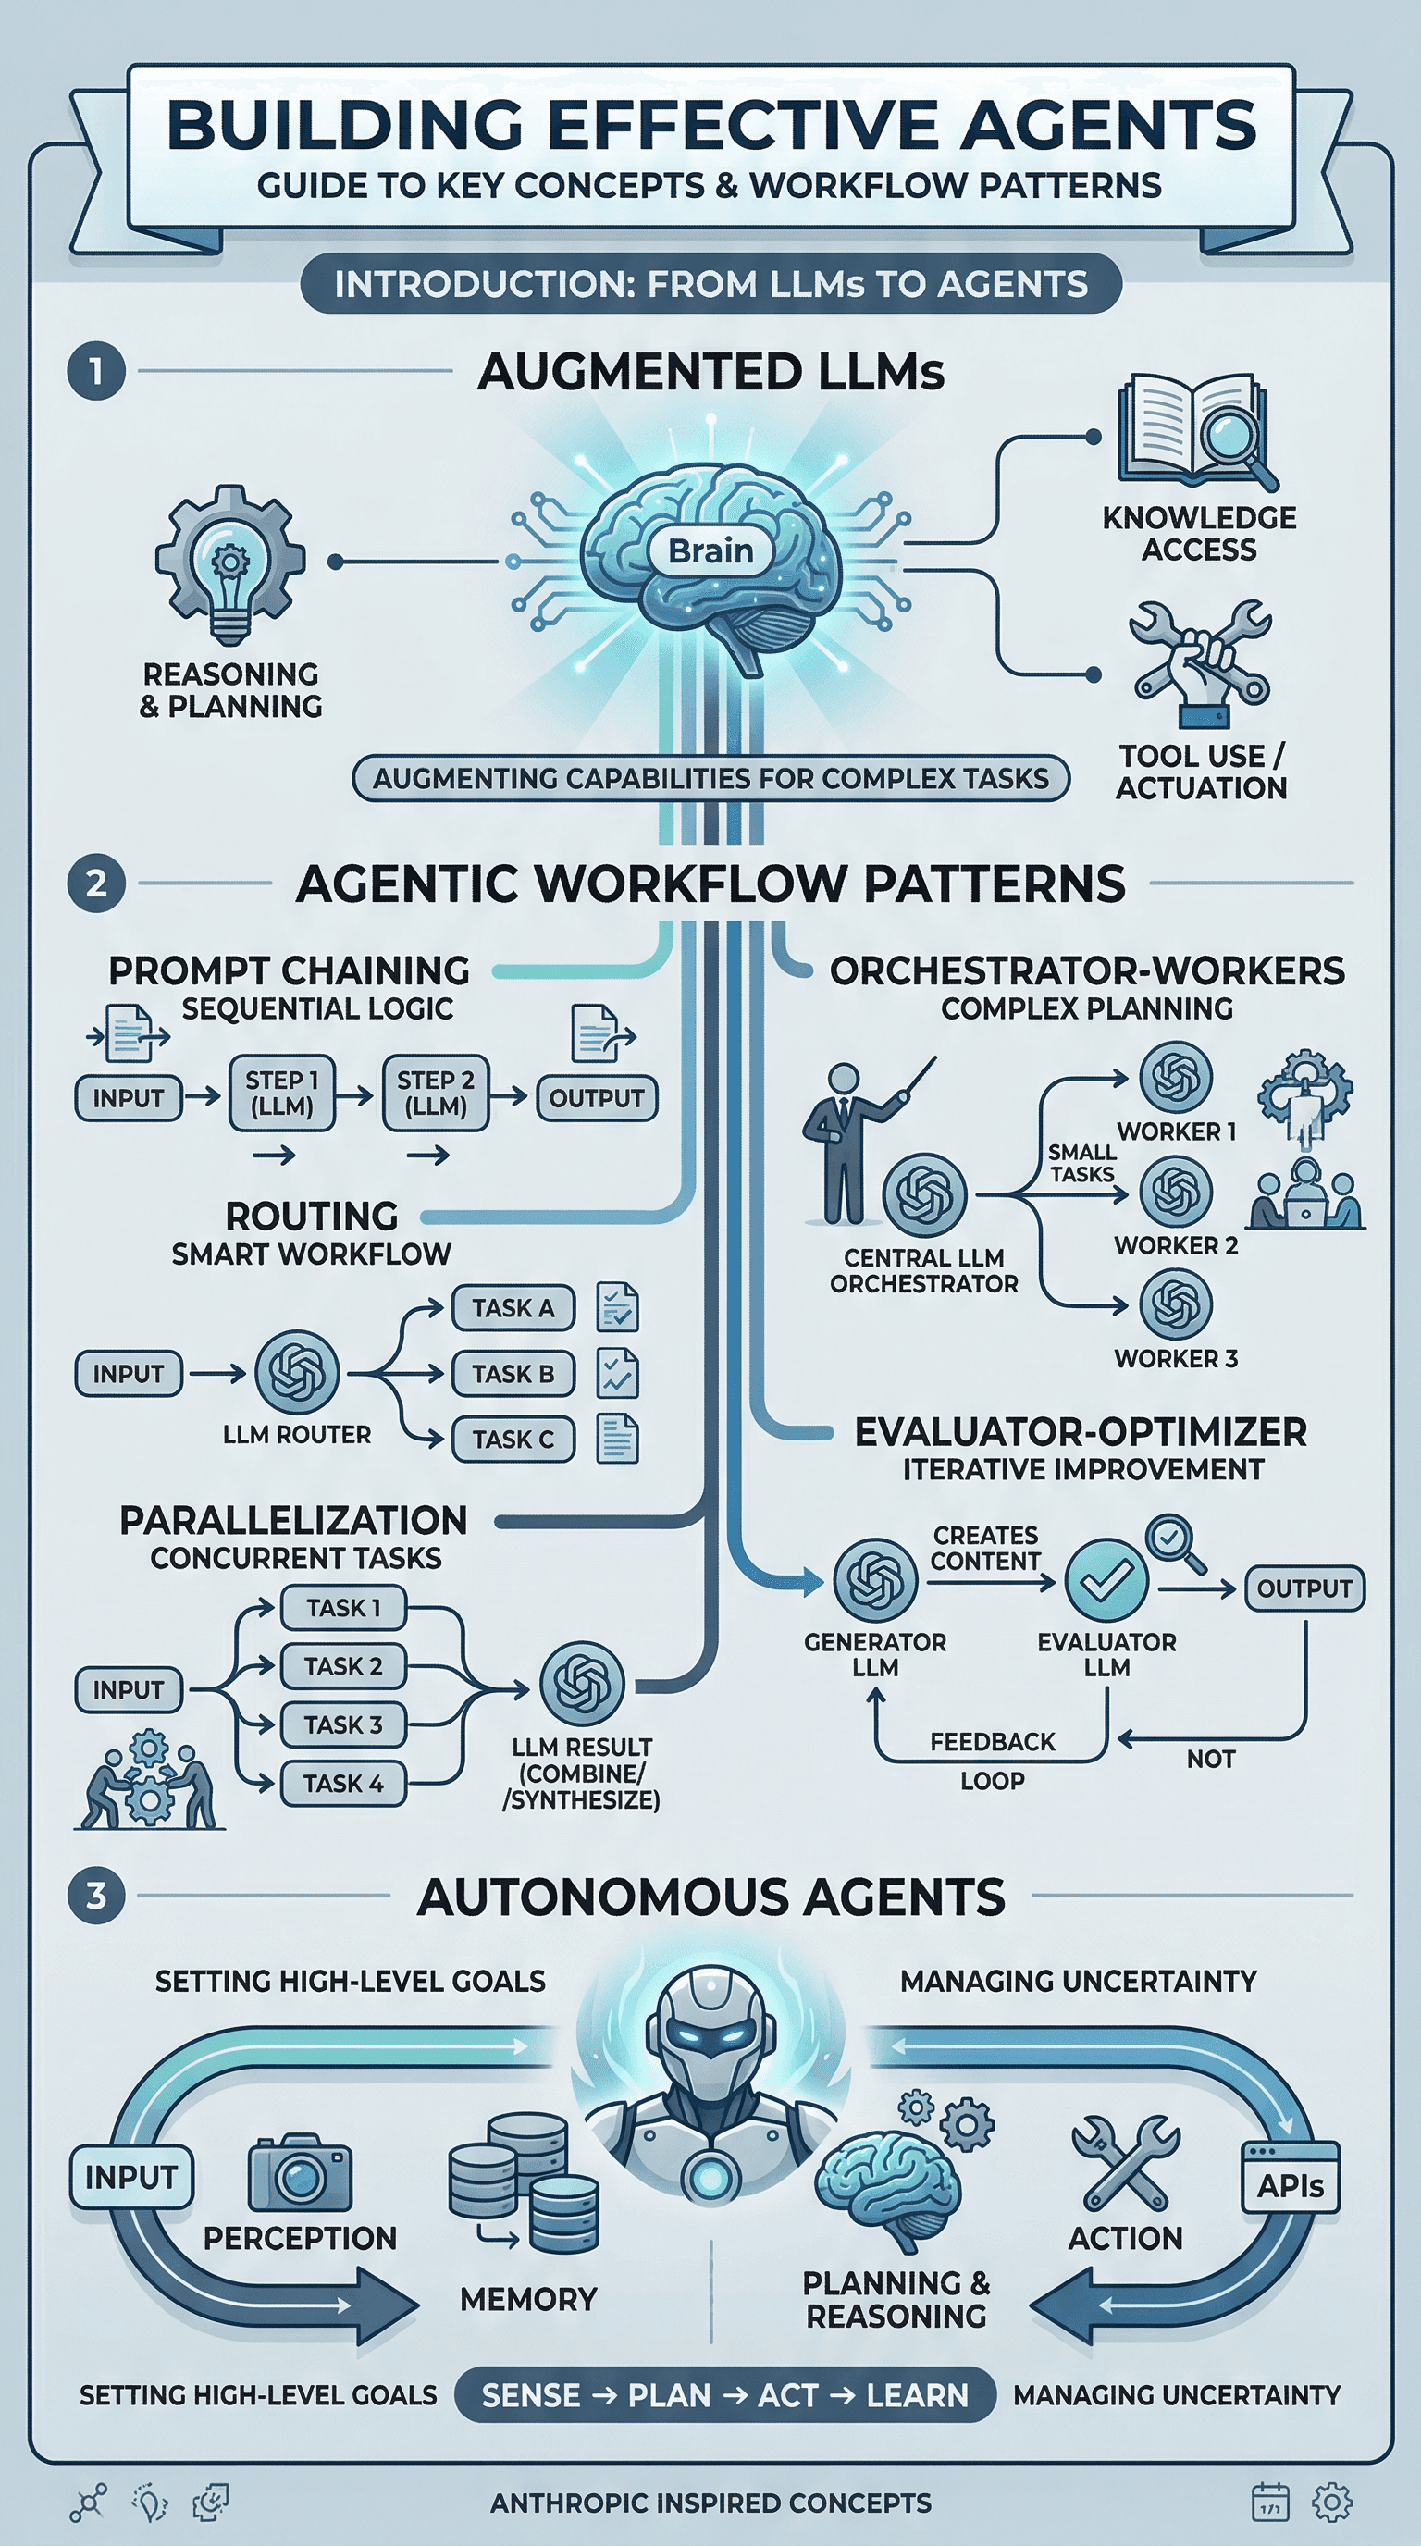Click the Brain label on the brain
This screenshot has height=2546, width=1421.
click(x=710, y=550)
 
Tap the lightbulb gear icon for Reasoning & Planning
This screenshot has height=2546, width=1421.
click(x=230, y=563)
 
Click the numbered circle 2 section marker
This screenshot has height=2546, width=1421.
click(x=96, y=883)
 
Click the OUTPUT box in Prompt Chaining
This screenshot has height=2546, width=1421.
click(x=596, y=1098)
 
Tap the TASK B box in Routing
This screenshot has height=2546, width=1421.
click(x=513, y=1374)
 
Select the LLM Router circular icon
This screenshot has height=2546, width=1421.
click(x=296, y=1372)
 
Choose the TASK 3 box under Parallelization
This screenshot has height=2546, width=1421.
click(x=343, y=1724)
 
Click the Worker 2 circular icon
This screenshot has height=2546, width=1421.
click(x=1175, y=1190)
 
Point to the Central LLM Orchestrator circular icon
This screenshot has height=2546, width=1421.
click(x=924, y=1194)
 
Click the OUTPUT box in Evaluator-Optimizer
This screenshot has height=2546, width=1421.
click(x=1304, y=1588)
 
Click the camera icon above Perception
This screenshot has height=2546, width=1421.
click(x=300, y=2174)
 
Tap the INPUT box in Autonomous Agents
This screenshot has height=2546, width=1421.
click(x=130, y=2176)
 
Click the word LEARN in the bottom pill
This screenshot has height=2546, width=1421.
click(x=917, y=2396)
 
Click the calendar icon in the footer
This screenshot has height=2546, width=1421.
click(x=1270, y=2502)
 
